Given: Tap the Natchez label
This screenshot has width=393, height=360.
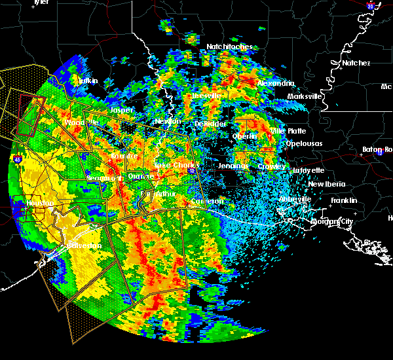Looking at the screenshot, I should [x=356, y=63].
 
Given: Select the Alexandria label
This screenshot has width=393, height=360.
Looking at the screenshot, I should [x=276, y=84].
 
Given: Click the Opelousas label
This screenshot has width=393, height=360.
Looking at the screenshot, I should [x=305, y=143].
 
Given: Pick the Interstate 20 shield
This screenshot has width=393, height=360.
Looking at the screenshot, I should [x=370, y=6].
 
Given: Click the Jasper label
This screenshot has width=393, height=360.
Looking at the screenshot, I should [x=121, y=111].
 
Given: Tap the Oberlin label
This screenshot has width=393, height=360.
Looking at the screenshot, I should [x=244, y=136].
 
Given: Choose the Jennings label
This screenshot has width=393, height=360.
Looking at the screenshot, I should [x=234, y=166].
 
